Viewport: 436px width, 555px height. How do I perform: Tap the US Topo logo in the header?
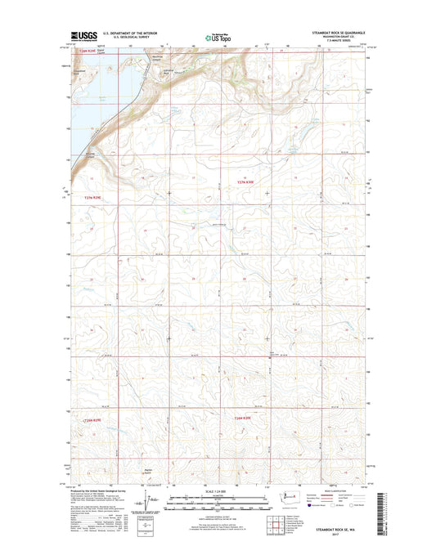click(218, 36)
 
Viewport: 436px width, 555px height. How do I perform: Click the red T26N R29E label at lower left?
click(95, 418)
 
